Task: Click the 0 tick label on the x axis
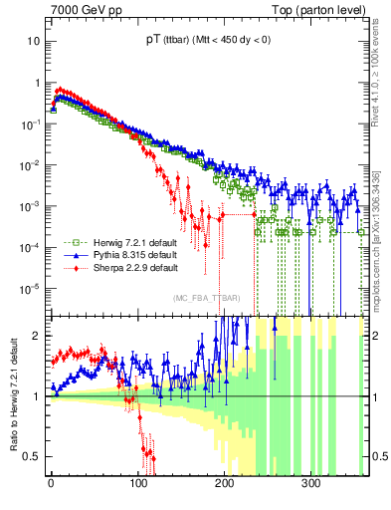click(x=51, y=482)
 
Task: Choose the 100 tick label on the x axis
click(x=137, y=482)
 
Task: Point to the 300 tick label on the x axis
click(x=310, y=482)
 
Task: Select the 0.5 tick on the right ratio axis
click(x=378, y=456)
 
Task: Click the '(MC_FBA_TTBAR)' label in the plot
click(x=207, y=299)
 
